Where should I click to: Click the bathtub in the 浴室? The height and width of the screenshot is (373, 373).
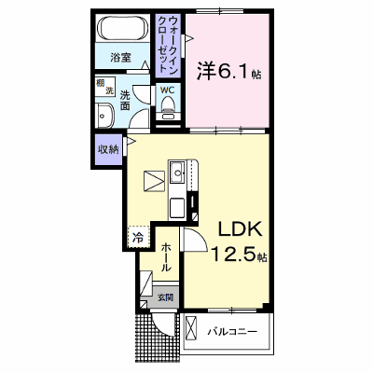coord(122,28)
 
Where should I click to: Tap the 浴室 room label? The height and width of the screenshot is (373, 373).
coord(120,58)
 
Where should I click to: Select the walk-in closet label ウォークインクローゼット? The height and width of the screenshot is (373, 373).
coord(168,45)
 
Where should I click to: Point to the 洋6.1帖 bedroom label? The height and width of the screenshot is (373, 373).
coord(228,71)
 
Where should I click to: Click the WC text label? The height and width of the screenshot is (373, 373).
coord(168,90)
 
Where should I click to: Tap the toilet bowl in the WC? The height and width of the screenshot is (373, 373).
coord(168,104)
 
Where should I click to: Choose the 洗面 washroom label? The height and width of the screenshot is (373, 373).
coord(125,100)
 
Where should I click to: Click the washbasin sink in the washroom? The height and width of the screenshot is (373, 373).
coord(104,116)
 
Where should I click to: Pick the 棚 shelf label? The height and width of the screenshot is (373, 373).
coord(100,83)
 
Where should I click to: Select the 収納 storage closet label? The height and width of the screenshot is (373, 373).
coord(109,149)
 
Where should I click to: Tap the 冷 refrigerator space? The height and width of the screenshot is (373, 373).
coord(138,238)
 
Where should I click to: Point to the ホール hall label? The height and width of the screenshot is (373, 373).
coord(166,257)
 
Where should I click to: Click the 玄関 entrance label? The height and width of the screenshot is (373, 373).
coord(165,297)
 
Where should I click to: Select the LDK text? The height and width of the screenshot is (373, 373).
coord(240,230)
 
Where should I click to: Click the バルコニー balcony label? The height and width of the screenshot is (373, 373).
coord(232,332)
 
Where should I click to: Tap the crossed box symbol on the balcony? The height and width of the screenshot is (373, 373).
coord(191,328)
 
